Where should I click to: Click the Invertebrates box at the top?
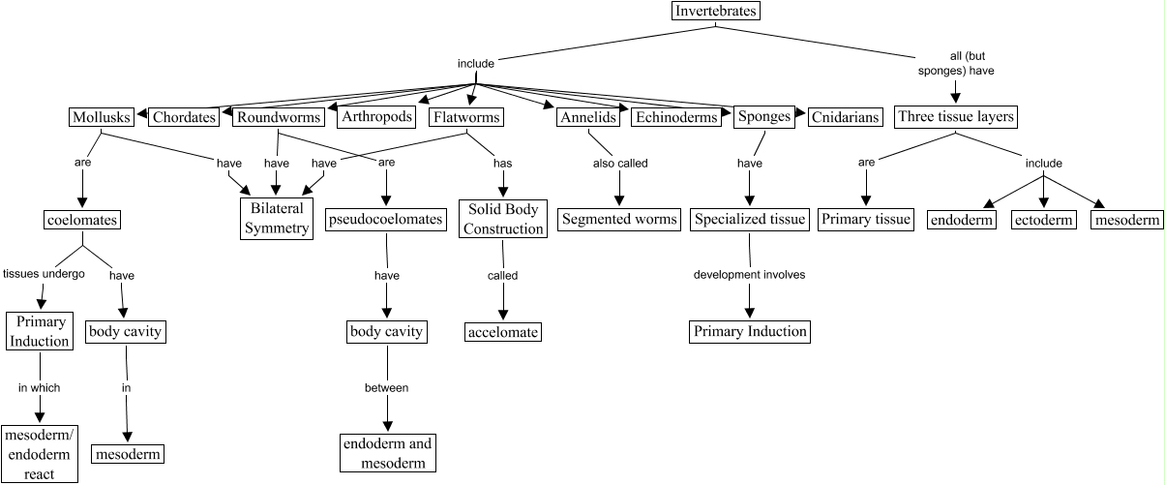pos(715,12)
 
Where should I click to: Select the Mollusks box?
pos(101,118)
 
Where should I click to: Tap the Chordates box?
pos(184,118)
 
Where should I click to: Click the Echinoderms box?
pos(676,118)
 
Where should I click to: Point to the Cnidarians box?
pos(845,118)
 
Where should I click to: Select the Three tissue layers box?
pos(955,118)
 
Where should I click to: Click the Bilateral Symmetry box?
pos(276,219)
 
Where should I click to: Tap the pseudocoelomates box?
pos(385,220)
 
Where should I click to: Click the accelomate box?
pos(502,332)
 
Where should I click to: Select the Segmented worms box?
pos(619,220)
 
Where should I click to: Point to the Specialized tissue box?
pos(749,220)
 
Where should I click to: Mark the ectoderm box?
pos(1043,220)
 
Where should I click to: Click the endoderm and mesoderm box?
pos(387,452)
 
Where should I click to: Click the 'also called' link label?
pos(620,164)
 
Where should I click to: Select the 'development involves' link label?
pos(749,275)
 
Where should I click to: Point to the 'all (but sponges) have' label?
pos(955,63)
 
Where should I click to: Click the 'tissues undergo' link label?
pos(44,274)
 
